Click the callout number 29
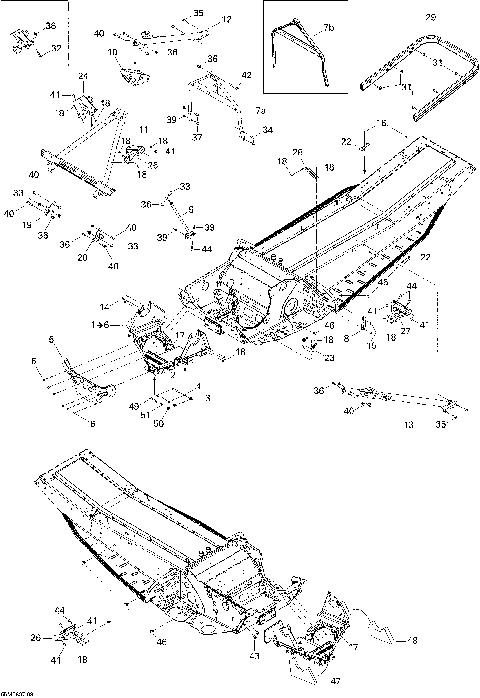click(431, 18)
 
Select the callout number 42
click(246, 75)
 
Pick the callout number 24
click(84, 77)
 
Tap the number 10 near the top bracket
click(112, 51)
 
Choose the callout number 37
click(198, 137)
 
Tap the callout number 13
click(408, 424)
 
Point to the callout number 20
click(80, 256)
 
